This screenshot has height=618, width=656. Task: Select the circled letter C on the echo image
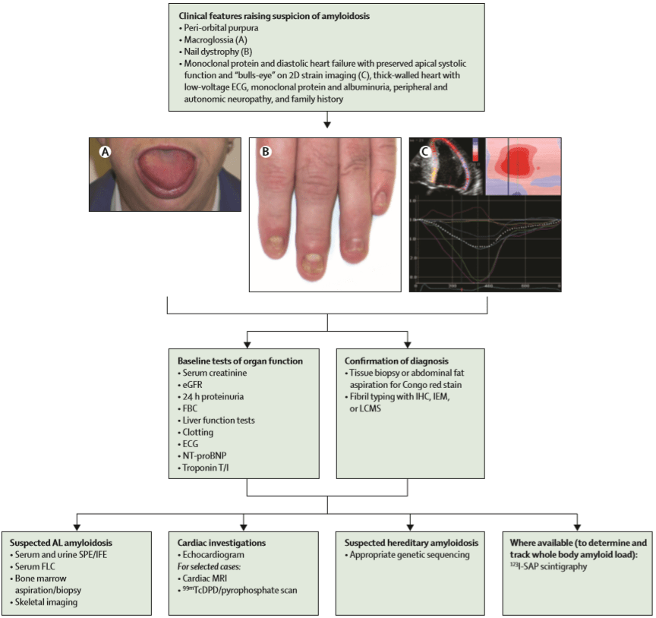[x=424, y=150]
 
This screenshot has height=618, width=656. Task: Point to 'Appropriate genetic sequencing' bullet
[x=411, y=555]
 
